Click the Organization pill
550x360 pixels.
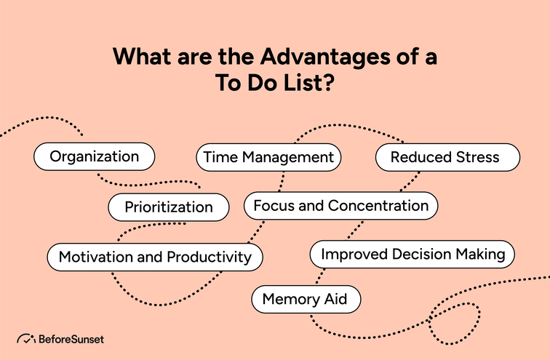tap(95, 156)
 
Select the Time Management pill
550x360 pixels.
tap(268, 157)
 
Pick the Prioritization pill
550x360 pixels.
tap(168, 207)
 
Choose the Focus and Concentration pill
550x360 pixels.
tap(340, 206)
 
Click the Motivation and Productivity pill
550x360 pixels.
tap(155, 257)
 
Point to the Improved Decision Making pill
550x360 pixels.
tap(412, 255)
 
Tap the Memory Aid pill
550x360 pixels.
tap(306, 299)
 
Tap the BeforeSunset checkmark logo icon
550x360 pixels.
tap(25, 338)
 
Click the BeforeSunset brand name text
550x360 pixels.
tap(70, 338)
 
